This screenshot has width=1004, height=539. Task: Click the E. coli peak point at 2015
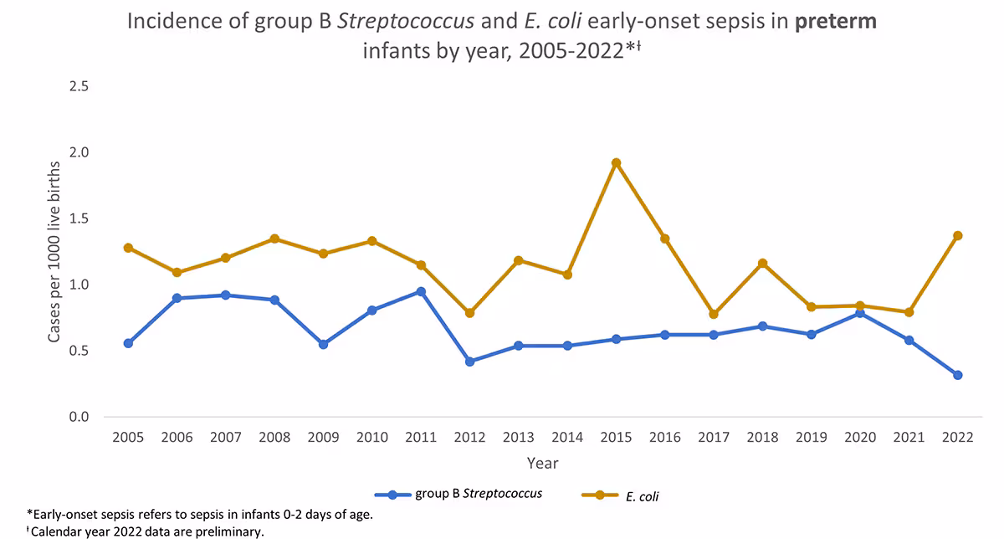tap(616, 163)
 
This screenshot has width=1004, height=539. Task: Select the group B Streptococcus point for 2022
tap(957, 375)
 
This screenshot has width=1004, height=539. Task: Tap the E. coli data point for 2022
tap(957, 236)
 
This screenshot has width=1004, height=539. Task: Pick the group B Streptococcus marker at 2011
tap(421, 291)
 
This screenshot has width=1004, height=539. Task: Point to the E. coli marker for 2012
tap(469, 313)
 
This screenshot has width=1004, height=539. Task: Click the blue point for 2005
tap(128, 343)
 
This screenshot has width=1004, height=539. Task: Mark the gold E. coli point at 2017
tap(714, 314)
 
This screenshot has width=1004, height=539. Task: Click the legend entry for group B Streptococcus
tap(458, 494)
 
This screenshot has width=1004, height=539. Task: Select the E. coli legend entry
tap(622, 496)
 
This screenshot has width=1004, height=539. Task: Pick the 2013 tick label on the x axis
tap(518, 438)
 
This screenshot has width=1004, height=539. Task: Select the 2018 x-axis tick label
tap(762, 438)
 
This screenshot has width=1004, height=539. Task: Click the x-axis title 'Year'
tap(542, 463)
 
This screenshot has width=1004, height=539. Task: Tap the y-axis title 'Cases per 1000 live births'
tap(54, 251)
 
